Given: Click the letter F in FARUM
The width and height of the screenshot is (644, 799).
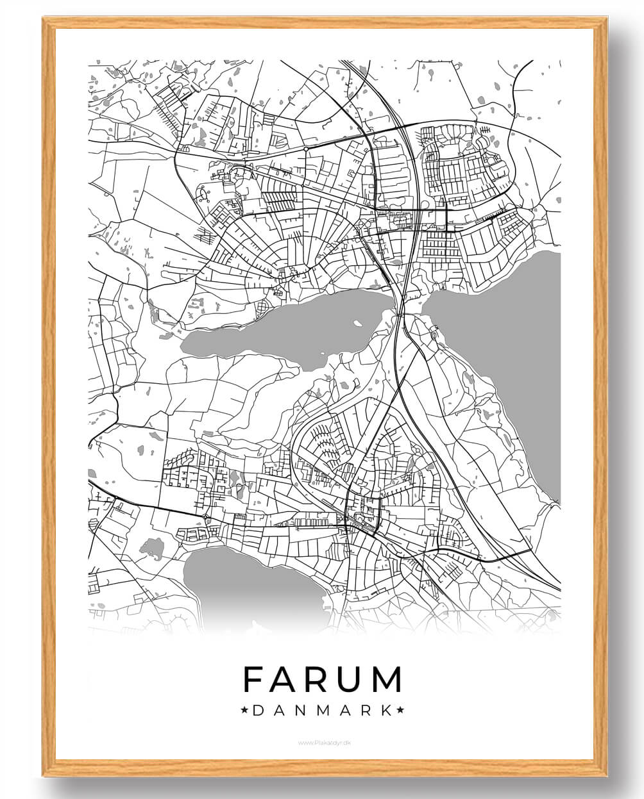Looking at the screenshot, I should [x=255, y=679].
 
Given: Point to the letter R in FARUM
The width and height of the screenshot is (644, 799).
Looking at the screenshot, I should [x=318, y=679].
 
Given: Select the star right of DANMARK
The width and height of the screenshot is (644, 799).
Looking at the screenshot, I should [x=401, y=710].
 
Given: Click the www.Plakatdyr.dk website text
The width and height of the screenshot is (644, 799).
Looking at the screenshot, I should [x=322, y=743].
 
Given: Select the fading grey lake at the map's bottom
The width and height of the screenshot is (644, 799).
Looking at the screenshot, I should [x=250, y=583].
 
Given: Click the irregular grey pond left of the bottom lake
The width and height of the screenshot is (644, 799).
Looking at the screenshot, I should [x=152, y=548].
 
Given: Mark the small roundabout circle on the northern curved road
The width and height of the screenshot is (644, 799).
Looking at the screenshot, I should [x=306, y=149].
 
